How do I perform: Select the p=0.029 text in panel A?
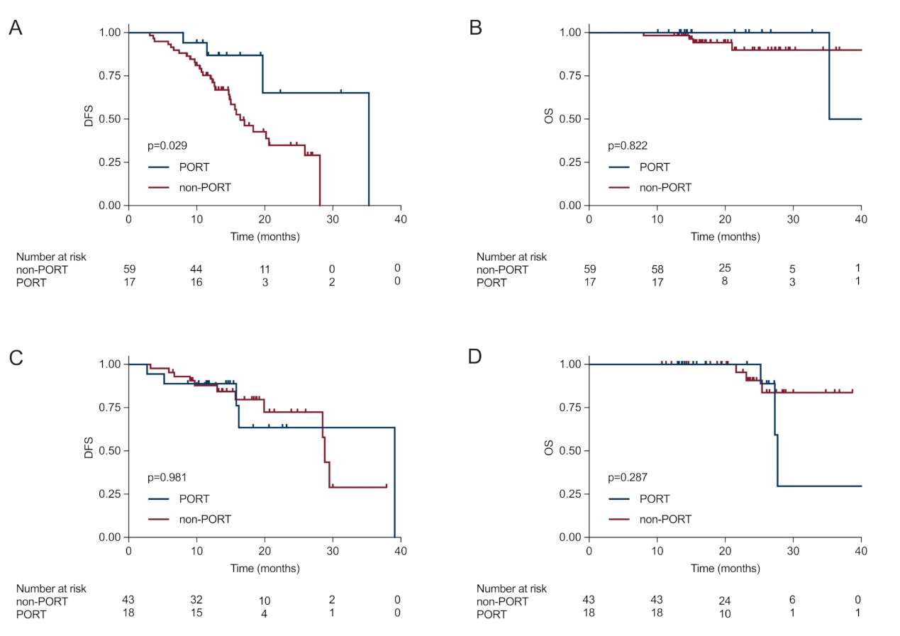[167, 146]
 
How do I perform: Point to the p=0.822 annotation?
[628, 146]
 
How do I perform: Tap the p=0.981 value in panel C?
[167, 478]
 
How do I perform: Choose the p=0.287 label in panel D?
[628, 478]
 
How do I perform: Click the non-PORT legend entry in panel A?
[190, 188]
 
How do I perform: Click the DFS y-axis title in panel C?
[89, 450]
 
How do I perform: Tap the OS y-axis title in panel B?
[550, 118]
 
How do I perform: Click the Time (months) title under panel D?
[725, 569]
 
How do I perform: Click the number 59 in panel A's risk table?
[128, 269]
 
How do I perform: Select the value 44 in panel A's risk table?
[196, 269]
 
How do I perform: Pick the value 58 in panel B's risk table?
[657, 269]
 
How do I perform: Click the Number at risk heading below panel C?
[51, 588]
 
